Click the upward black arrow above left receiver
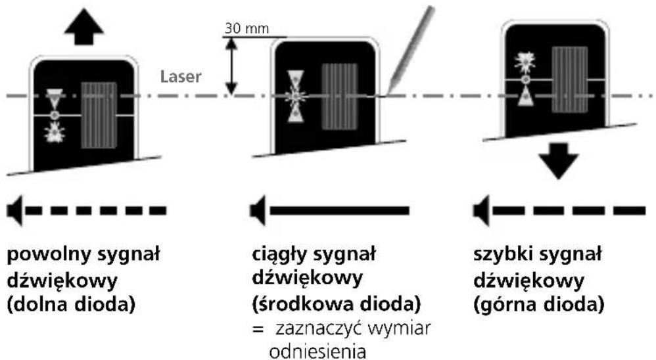pyautogui.click(x=84, y=28)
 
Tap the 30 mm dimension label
pyautogui.click(x=246, y=28)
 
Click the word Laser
pyautogui.click(x=181, y=77)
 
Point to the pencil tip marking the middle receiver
pyautogui.click(x=388, y=94)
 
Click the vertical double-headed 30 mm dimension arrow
pyautogui.click(x=231, y=67)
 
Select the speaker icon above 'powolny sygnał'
pyautogui.click(x=15, y=210)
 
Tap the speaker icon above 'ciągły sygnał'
pyautogui.click(x=258, y=210)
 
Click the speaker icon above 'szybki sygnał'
pyautogui.click(x=482, y=210)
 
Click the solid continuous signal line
pyautogui.click(x=340, y=210)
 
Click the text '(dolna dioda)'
pyautogui.click(x=71, y=304)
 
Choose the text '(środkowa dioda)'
pyautogui.click(x=337, y=304)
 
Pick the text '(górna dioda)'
pyautogui.click(x=539, y=304)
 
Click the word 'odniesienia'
pyautogui.click(x=317, y=351)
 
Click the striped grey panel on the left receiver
pyautogui.click(x=99, y=116)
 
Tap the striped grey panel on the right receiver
pyautogui.click(x=570, y=79)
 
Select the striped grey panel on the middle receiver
pyautogui.click(x=340, y=97)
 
